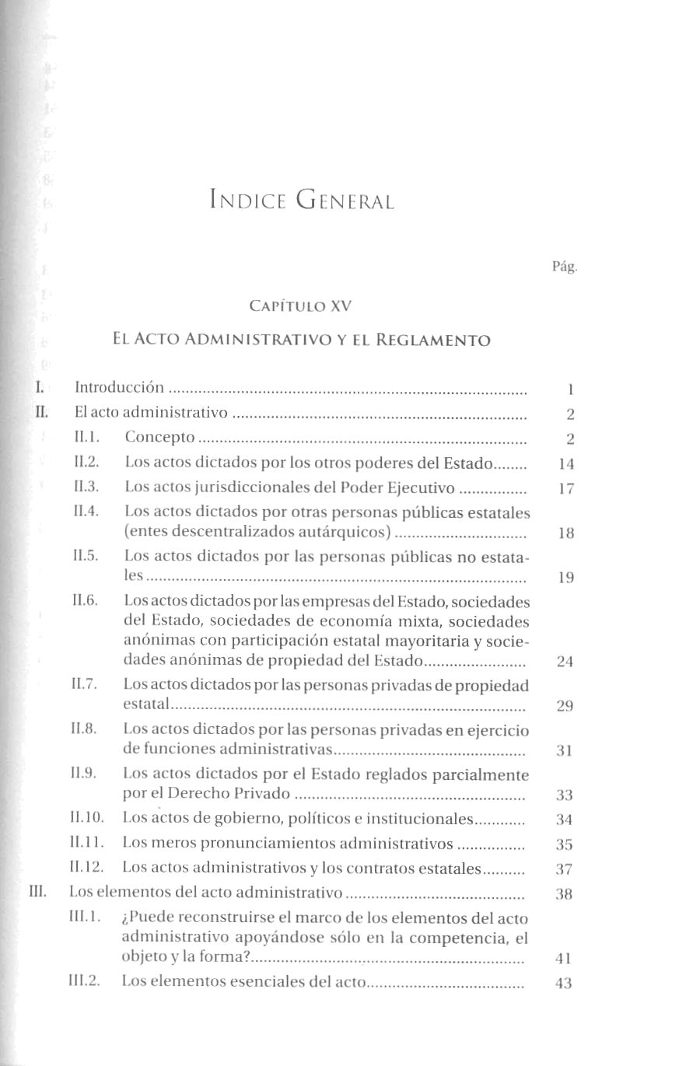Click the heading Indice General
point(302,201)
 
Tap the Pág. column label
point(565,267)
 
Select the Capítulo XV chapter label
point(300,306)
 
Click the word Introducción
point(119,387)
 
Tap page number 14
point(566,464)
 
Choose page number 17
point(566,490)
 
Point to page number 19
point(566,578)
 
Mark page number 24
point(566,662)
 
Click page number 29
point(565,706)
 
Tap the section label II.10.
point(86,818)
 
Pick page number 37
point(565,869)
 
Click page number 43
point(565,983)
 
